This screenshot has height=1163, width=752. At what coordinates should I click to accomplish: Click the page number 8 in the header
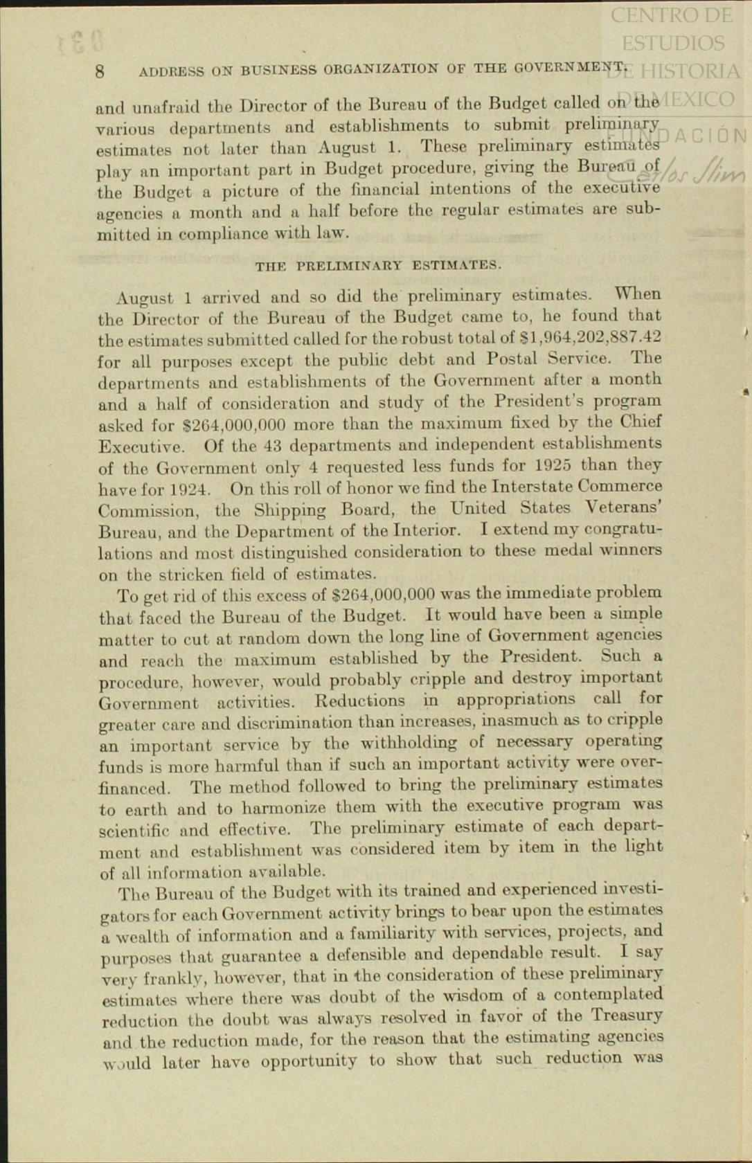coord(100,71)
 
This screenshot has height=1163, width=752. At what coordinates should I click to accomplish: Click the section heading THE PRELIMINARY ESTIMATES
coord(378,265)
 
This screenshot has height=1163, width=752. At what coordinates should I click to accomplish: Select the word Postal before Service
coord(512,359)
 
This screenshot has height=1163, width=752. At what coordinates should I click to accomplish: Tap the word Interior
coord(426,531)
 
